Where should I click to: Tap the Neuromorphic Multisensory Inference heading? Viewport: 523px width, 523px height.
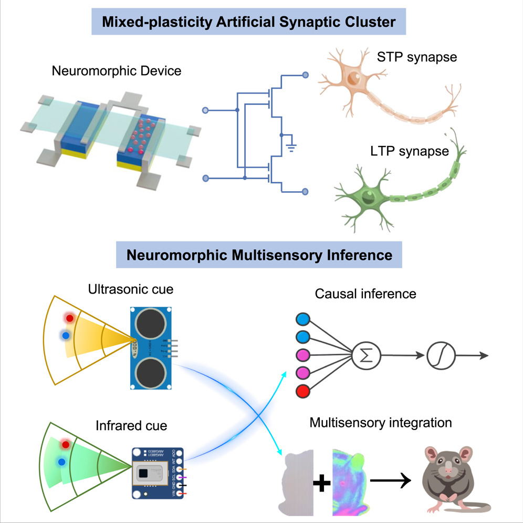coord(259,255)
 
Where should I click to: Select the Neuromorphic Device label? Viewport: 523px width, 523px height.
coord(117,70)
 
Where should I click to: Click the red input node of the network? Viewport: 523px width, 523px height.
coord(304,391)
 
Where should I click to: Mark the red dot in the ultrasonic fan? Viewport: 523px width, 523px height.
coord(69,318)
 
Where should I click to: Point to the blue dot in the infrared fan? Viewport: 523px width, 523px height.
coord(62,462)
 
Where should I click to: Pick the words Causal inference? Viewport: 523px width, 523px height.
coord(365,294)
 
